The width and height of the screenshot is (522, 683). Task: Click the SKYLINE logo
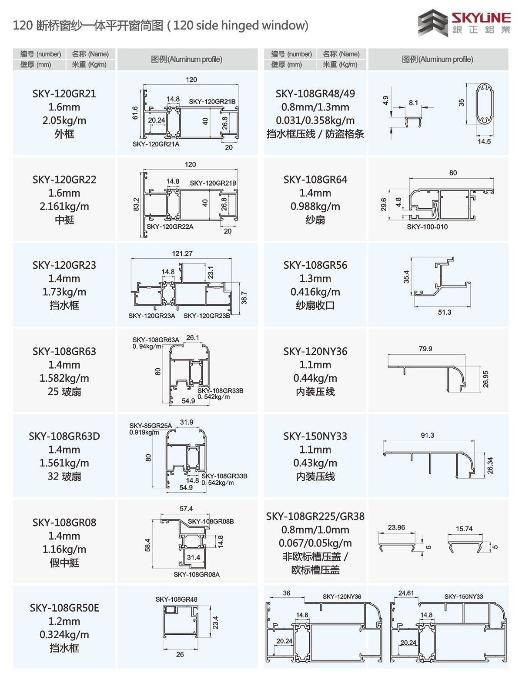pyautogui.click(x=464, y=23)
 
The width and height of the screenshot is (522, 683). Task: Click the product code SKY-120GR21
pyautogui.click(x=64, y=94)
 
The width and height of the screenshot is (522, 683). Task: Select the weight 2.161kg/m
pyautogui.click(x=64, y=207)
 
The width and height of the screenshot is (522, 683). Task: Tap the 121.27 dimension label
pyautogui.click(x=182, y=253)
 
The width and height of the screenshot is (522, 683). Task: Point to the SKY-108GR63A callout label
pyautogui.click(x=155, y=340)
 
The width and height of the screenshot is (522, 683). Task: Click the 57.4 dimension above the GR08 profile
pyautogui.click(x=186, y=509)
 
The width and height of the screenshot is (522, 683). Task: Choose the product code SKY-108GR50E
pyautogui.click(x=64, y=608)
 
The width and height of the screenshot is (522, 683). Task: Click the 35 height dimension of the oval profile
pyautogui.click(x=462, y=103)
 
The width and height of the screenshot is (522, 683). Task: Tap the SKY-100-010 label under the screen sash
pyautogui.click(x=427, y=227)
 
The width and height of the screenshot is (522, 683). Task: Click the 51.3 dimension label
pyautogui.click(x=444, y=312)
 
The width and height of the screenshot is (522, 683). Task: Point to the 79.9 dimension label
pyautogui.click(x=425, y=349)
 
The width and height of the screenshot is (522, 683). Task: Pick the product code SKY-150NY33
pyautogui.click(x=315, y=436)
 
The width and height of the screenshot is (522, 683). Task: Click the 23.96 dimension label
pyautogui.click(x=396, y=527)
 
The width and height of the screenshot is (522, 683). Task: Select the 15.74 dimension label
pyautogui.click(x=464, y=529)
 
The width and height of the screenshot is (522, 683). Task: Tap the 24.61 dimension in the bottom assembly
pyautogui.click(x=406, y=593)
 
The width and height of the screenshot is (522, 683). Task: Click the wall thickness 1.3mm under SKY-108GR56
pyautogui.click(x=315, y=279)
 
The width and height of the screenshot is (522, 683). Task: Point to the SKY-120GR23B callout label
pyautogui.click(x=207, y=316)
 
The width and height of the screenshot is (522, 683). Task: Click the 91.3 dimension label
pyautogui.click(x=427, y=435)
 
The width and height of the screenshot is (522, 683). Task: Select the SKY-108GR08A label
pyautogui.click(x=197, y=574)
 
